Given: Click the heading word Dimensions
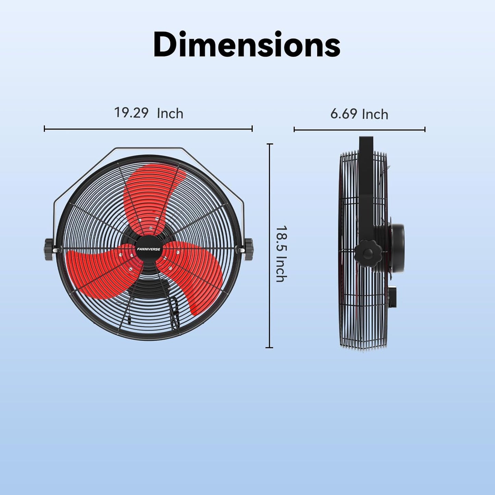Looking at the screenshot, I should [x=247, y=45].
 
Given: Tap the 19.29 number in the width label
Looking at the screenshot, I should [x=131, y=113].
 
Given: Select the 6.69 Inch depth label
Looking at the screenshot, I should [x=359, y=114].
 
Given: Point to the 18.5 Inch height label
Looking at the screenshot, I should [x=281, y=253].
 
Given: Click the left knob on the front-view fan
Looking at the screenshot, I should [x=49, y=249].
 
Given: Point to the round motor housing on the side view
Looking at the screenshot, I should [x=397, y=248].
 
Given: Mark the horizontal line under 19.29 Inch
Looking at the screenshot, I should [x=148, y=129].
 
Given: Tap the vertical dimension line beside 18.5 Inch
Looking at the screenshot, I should [x=270, y=245].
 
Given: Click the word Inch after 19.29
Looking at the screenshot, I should [x=170, y=113].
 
